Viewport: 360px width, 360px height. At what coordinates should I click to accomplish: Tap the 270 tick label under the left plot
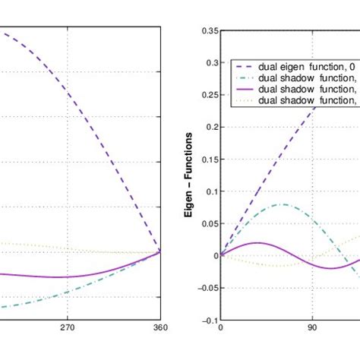coord(68,330)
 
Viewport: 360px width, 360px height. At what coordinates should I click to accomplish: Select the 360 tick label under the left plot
coord(159,330)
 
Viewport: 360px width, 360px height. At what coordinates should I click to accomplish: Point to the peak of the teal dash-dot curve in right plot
coord(282,204)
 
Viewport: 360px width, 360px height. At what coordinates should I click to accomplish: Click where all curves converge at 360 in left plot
coord(159,252)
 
